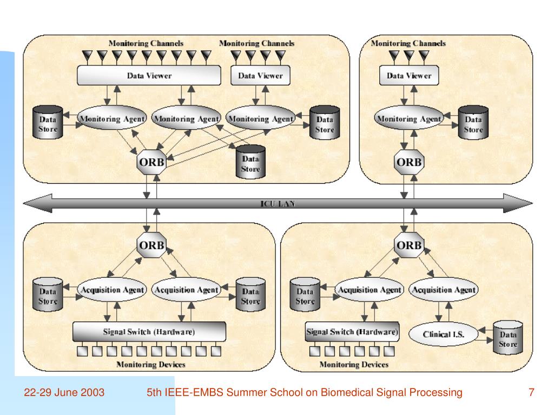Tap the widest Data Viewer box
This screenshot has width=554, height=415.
(x=149, y=76)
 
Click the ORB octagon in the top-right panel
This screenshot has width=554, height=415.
(x=408, y=162)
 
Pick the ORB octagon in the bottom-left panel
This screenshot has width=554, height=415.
(x=151, y=244)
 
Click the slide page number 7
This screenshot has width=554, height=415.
(x=531, y=392)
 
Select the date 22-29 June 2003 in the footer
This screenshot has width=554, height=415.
(x=64, y=392)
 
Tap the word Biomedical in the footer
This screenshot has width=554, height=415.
(x=346, y=392)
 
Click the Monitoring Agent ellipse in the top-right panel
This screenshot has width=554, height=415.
(x=409, y=119)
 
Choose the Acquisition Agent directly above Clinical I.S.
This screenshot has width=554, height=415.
(x=444, y=290)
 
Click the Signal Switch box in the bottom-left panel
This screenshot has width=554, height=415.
(x=149, y=331)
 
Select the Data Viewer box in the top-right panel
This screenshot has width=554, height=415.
(x=409, y=76)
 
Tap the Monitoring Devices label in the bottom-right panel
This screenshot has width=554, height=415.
(x=354, y=365)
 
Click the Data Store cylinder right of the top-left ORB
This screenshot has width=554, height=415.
(x=250, y=162)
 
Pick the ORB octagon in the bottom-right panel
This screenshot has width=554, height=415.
(x=408, y=245)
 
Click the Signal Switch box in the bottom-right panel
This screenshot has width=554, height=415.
(x=352, y=331)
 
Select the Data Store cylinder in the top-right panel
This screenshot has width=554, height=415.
(x=473, y=123)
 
